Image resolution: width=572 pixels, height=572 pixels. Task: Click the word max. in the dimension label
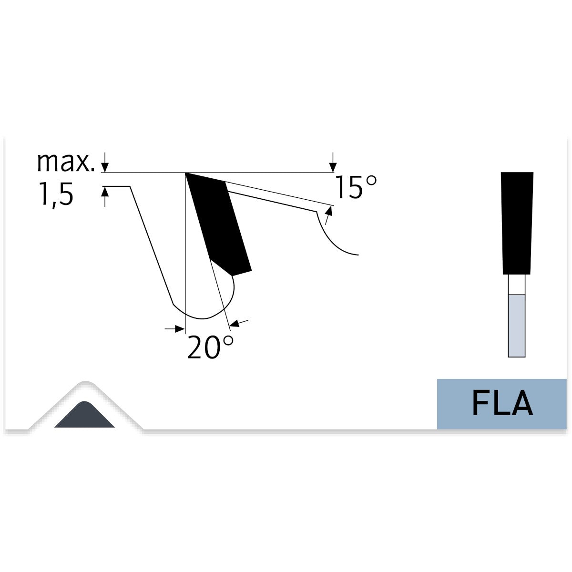66,163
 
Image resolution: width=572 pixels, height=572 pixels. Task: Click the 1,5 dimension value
56,194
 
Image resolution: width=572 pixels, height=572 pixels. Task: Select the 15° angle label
356,187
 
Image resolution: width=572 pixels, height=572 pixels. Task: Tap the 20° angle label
210,347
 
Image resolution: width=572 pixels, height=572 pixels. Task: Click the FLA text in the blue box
502,403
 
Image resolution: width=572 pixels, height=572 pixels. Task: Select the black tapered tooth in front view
517,223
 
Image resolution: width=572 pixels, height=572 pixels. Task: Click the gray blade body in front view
517,326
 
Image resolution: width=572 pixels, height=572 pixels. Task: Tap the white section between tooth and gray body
517,285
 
